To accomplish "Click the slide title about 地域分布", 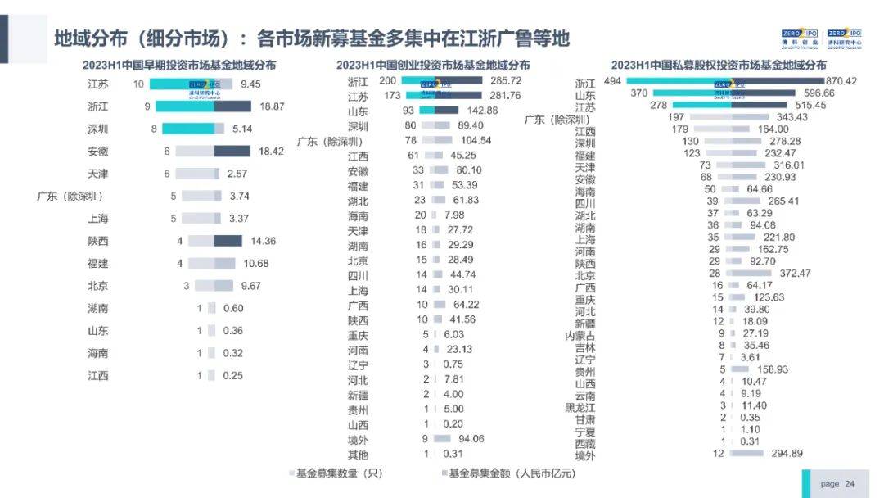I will tap(311, 38).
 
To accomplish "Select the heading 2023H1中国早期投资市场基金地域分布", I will tap(179, 65).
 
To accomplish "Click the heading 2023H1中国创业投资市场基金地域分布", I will tap(433, 65).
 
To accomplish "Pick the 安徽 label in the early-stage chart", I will tap(98, 152).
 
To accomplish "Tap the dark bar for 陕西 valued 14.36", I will tap(228, 241).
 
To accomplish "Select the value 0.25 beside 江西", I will tap(234, 375).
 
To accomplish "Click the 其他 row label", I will tap(358, 455).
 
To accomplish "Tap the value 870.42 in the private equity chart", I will tap(819, 81).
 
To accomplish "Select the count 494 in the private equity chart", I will tap(613, 81).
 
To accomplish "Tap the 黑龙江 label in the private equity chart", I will tap(580, 407).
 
